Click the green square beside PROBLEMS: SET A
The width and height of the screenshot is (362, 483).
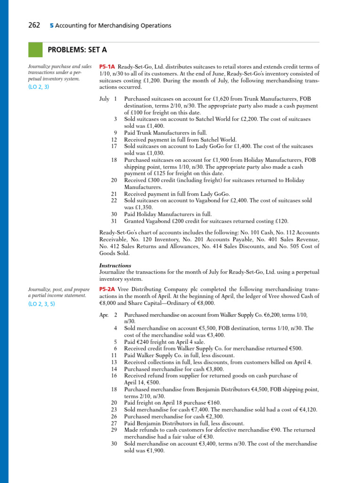pos(35,50)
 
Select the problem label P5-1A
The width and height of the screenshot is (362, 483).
pos(107,67)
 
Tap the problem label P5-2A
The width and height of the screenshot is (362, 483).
pos(107,289)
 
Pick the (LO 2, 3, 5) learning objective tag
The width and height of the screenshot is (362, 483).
pos(41,304)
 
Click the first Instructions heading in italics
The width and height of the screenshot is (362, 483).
pos(115,266)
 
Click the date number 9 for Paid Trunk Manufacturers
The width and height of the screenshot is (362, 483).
pos(115,133)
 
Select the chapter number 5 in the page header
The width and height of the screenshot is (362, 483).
pos(51,25)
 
